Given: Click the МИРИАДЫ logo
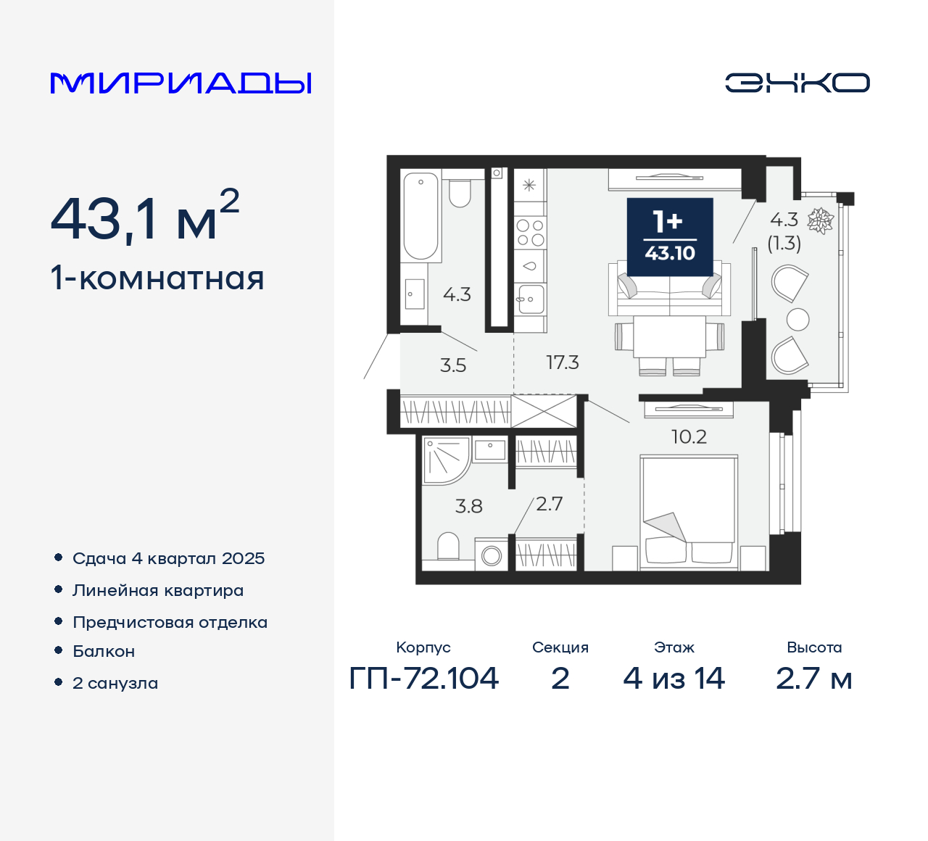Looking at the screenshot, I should [x=181, y=83].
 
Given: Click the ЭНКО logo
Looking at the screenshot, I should [x=797, y=83].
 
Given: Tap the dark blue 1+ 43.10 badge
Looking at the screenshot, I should [x=670, y=237].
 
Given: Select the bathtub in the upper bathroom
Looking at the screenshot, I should [x=420, y=215].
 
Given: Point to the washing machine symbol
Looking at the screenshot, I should [x=492, y=556].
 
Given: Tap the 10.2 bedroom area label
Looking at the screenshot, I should [x=689, y=436].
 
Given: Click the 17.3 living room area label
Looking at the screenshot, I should [x=562, y=362].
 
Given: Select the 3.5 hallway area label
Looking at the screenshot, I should [x=453, y=365].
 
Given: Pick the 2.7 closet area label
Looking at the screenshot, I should [x=549, y=504].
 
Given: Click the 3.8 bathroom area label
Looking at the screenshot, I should [x=468, y=506].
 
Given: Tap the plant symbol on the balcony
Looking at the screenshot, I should [x=821, y=220].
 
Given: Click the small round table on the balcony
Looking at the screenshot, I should [x=797, y=320].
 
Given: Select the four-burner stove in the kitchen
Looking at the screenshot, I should [x=530, y=233].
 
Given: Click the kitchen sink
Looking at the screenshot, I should [x=530, y=298].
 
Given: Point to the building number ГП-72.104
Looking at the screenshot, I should [x=424, y=679].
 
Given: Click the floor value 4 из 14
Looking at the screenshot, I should [x=674, y=679].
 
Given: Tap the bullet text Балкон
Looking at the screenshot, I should [x=104, y=651].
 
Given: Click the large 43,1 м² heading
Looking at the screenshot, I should [x=144, y=218].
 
